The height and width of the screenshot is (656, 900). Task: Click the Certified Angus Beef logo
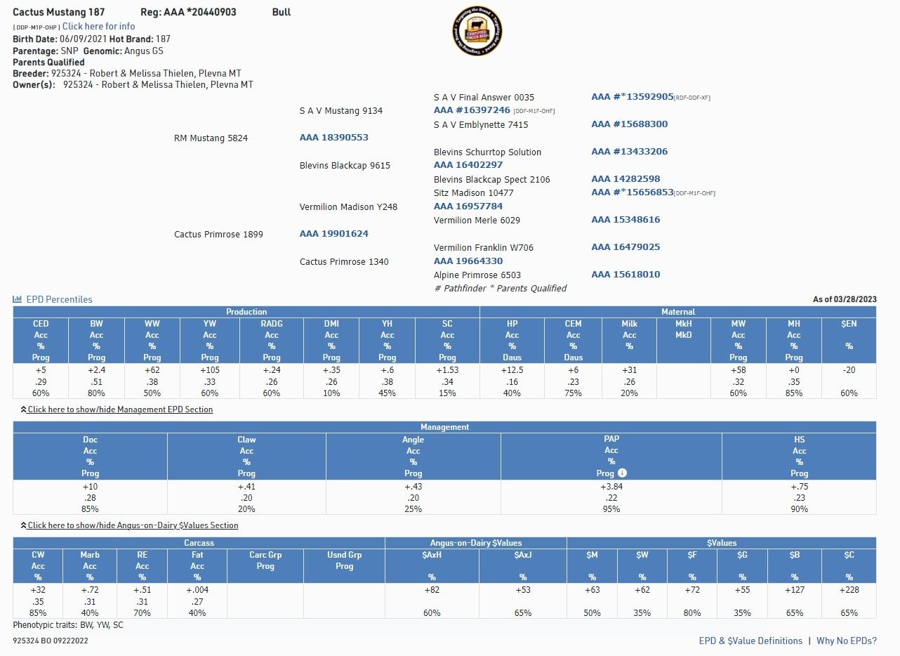click(x=477, y=31)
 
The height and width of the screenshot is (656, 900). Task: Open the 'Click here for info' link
click(x=98, y=27)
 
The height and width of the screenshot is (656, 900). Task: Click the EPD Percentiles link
click(x=59, y=299)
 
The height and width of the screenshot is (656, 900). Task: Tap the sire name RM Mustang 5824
click(x=211, y=138)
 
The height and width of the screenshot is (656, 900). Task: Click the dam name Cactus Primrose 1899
click(x=218, y=234)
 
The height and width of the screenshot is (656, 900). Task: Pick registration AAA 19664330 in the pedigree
click(x=468, y=261)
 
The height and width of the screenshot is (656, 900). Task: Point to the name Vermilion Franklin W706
click(x=484, y=247)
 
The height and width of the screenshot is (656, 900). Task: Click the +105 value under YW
click(x=210, y=370)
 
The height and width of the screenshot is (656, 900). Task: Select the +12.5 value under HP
click(x=512, y=370)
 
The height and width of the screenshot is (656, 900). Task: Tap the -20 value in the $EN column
click(x=849, y=370)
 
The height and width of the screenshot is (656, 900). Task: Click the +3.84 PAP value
click(x=611, y=486)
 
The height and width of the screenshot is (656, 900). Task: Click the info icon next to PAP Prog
click(x=622, y=473)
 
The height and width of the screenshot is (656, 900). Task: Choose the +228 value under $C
click(x=849, y=590)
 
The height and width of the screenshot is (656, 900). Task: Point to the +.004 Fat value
click(x=197, y=590)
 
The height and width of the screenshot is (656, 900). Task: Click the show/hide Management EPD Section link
click(x=120, y=409)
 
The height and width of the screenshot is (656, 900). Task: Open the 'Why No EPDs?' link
click(x=846, y=641)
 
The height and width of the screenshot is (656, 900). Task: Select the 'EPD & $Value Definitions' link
click(x=750, y=641)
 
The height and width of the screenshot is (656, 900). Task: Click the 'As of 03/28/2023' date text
click(x=845, y=299)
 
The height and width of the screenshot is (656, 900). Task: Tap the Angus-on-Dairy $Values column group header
click(x=476, y=543)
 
